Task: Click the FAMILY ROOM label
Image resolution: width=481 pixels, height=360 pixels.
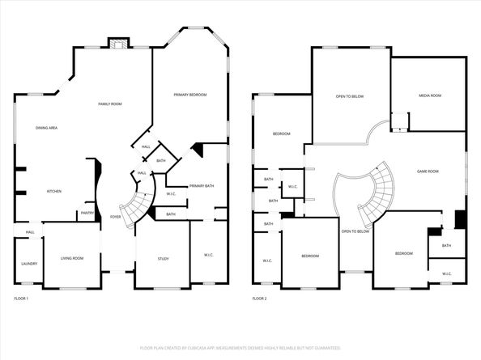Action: click(x=110, y=104)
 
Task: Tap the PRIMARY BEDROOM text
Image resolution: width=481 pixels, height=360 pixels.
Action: click(x=189, y=95)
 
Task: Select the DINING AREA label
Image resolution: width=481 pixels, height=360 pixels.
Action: click(x=46, y=128)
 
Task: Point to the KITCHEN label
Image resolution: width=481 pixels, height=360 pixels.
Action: click(x=54, y=192)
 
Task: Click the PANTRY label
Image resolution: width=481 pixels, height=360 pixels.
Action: click(x=87, y=214)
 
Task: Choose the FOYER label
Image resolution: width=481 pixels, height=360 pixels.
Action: click(x=116, y=217)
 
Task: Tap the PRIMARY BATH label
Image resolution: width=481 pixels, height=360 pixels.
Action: click(x=202, y=186)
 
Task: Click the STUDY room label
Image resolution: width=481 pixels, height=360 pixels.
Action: click(x=163, y=259)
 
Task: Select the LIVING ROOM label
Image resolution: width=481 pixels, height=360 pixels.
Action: click(x=72, y=259)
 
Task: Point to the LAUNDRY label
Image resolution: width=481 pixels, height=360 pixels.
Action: click(x=28, y=264)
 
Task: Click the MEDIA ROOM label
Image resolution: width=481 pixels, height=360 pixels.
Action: click(x=430, y=96)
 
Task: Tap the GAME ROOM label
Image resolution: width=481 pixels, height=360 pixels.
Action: click(x=428, y=172)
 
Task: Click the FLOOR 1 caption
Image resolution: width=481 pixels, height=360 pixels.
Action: click(x=21, y=299)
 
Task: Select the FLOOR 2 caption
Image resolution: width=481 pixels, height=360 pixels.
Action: click(x=259, y=299)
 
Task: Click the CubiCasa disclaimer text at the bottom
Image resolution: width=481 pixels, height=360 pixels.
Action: click(x=240, y=348)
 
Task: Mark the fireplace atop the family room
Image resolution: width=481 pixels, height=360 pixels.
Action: click(x=120, y=44)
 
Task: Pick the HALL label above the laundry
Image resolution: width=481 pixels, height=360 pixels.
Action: click(x=29, y=233)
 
